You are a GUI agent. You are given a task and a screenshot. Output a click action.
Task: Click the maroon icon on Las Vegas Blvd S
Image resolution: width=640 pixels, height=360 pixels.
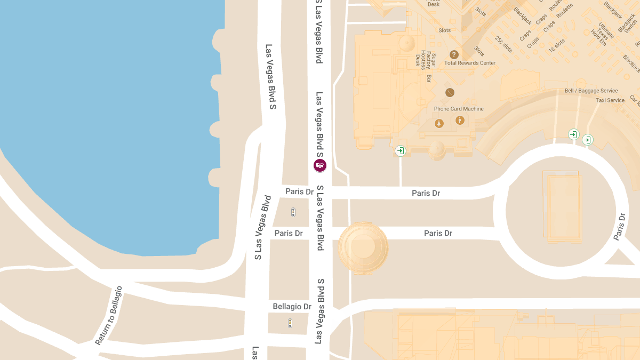pyautogui.click(x=319, y=165)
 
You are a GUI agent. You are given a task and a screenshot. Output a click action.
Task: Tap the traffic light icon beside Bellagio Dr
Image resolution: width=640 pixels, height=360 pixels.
pyautogui.click(x=290, y=323)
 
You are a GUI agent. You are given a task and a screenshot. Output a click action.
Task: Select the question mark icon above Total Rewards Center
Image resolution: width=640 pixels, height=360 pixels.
pyautogui.click(x=454, y=54)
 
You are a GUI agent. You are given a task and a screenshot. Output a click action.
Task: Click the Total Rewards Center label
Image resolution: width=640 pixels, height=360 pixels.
pyautogui.click(x=470, y=63)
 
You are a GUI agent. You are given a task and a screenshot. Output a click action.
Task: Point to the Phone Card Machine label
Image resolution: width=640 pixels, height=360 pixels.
pyautogui.click(x=459, y=109)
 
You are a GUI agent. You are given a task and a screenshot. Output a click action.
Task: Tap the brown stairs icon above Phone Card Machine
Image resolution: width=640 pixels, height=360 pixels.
pyautogui.click(x=450, y=93)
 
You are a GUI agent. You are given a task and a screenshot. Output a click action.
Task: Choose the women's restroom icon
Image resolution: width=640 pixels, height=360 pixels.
pyautogui.click(x=439, y=123)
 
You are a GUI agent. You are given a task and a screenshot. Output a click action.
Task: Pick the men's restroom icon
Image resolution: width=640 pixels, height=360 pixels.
pyautogui.click(x=460, y=121)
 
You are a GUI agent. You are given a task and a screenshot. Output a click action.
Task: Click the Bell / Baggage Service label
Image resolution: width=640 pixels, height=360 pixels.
pyautogui.click(x=591, y=91)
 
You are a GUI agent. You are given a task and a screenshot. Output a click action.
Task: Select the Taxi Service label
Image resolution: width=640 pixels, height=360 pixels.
pyautogui.click(x=610, y=100)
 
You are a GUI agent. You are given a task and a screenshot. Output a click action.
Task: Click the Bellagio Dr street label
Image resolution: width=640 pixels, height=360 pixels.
pyautogui.click(x=292, y=307)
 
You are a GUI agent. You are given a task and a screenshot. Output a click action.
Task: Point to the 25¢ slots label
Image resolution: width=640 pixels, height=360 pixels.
pyautogui.click(x=503, y=44)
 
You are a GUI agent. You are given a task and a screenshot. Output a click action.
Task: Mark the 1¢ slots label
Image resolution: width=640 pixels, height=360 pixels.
pyautogui.click(x=557, y=45)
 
